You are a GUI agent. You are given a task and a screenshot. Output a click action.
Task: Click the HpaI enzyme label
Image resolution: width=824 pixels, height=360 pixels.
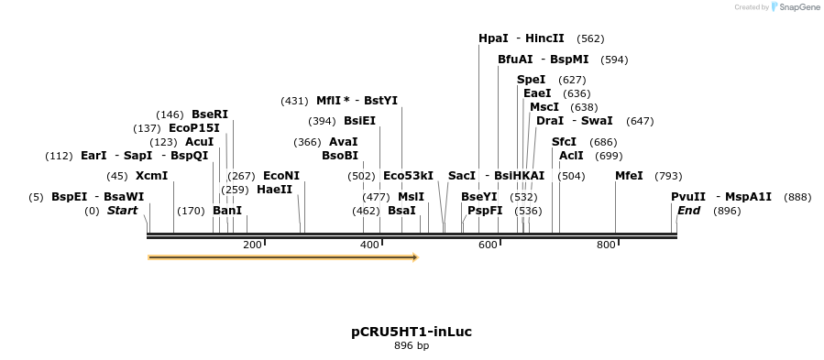493,38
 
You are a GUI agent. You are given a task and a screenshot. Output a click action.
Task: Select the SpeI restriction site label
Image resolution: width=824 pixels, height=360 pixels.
531,80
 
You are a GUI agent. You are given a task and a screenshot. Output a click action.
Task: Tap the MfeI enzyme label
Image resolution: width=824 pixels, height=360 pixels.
629,176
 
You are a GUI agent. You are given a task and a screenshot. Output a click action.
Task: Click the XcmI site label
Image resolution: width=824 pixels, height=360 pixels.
151,176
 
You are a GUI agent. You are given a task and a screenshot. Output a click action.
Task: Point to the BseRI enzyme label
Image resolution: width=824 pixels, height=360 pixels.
210,115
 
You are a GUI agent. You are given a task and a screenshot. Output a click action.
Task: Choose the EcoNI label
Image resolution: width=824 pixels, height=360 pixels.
281,176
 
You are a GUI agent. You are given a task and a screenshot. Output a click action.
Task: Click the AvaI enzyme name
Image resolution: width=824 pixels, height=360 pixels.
343,142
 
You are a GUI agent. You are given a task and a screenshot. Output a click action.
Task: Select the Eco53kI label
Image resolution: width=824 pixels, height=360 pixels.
408,176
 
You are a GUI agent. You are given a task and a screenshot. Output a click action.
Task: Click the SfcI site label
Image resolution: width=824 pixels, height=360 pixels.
564,142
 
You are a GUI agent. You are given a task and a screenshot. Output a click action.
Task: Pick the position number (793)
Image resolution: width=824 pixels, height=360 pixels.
669,176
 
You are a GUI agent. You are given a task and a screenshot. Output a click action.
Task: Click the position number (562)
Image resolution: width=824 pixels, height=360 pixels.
590,38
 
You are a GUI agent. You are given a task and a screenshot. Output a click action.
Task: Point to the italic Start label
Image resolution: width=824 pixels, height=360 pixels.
122,211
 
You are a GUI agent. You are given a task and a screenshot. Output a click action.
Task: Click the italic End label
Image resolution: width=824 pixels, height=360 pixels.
688,211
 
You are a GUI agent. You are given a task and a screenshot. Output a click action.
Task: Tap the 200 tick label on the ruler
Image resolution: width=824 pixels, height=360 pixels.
252,245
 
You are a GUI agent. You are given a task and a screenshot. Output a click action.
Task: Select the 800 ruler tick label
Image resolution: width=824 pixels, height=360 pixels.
606,245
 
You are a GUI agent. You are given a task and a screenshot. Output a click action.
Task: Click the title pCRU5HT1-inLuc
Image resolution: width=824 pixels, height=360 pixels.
412,332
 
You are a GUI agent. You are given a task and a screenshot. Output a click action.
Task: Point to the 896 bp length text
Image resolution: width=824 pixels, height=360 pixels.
412,346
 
